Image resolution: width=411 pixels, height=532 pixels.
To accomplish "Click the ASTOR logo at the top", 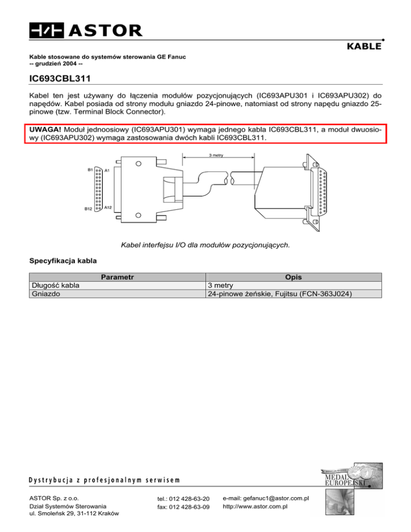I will click(86, 30).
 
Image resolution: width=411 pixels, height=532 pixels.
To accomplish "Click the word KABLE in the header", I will click(364, 47).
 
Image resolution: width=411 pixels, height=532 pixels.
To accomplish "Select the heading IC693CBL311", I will click(64, 79).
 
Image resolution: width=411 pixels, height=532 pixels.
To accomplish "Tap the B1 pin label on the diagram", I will click(90, 169).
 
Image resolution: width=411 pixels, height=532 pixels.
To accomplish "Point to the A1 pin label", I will click(107, 170).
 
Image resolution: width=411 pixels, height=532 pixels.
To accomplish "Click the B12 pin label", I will click(89, 209).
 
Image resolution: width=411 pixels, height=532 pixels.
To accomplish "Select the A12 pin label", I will click(108, 207).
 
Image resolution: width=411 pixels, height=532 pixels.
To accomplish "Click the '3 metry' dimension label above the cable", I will click(217, 156).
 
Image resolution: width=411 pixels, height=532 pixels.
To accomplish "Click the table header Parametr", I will click(117, 277).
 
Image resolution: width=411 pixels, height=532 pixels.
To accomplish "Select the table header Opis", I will click(293, 277).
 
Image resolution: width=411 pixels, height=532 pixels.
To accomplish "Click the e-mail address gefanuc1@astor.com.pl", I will click(266, 498).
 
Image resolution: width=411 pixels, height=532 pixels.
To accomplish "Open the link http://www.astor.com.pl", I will click(255, 506).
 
